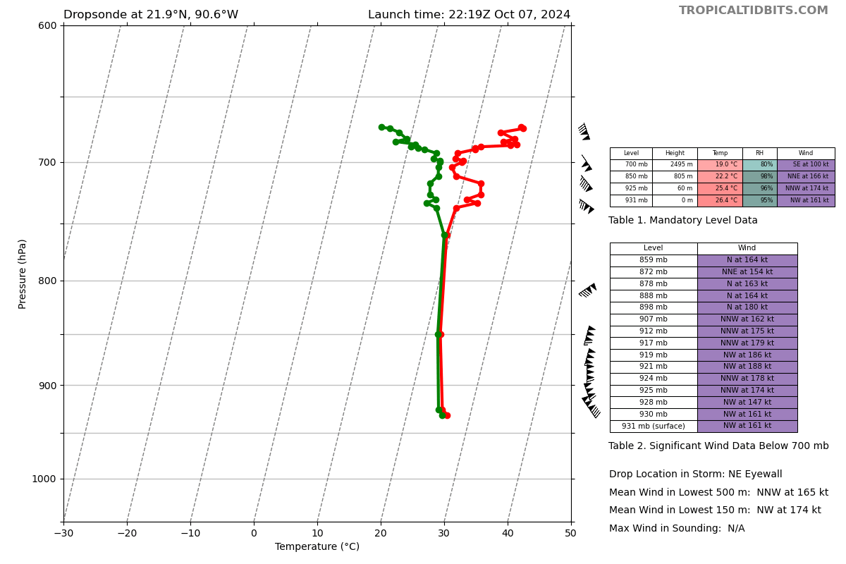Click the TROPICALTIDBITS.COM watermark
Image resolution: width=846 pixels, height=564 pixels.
(x=753, y=11)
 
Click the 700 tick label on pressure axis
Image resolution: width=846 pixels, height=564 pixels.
(x=47, y=162)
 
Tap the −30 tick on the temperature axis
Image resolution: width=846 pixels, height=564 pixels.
(x=63, y=533)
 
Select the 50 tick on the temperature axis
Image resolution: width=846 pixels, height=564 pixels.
(x=570, y=533)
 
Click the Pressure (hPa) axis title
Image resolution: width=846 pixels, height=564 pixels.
(x=23, y=274)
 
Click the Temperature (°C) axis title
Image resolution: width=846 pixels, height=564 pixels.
(x=317, y=547)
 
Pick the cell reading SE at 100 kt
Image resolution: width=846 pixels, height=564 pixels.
(x=806, y=165)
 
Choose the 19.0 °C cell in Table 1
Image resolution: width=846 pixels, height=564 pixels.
(x=720, y=165)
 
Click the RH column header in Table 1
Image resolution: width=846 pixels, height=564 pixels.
(x=759, y=153)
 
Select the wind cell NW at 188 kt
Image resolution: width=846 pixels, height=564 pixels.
(x=747, y=367)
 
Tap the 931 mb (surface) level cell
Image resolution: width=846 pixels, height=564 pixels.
(x=653, y=426)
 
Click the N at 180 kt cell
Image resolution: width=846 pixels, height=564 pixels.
(x=747, y=307)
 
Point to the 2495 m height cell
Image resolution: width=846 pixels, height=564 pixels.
(x=675, y=165)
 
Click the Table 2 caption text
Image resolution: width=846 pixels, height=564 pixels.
(x=718, y=446)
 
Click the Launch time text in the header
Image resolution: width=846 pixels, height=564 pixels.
(x=469, y=15)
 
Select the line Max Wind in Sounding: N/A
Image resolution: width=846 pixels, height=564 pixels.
(x=677, y=529)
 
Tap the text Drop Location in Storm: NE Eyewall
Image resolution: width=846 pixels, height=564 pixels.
(x=695, y=474)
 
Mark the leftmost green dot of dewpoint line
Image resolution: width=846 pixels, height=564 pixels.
(x=381, y=127)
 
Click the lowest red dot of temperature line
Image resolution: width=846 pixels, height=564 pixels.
(x=447, y=415)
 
